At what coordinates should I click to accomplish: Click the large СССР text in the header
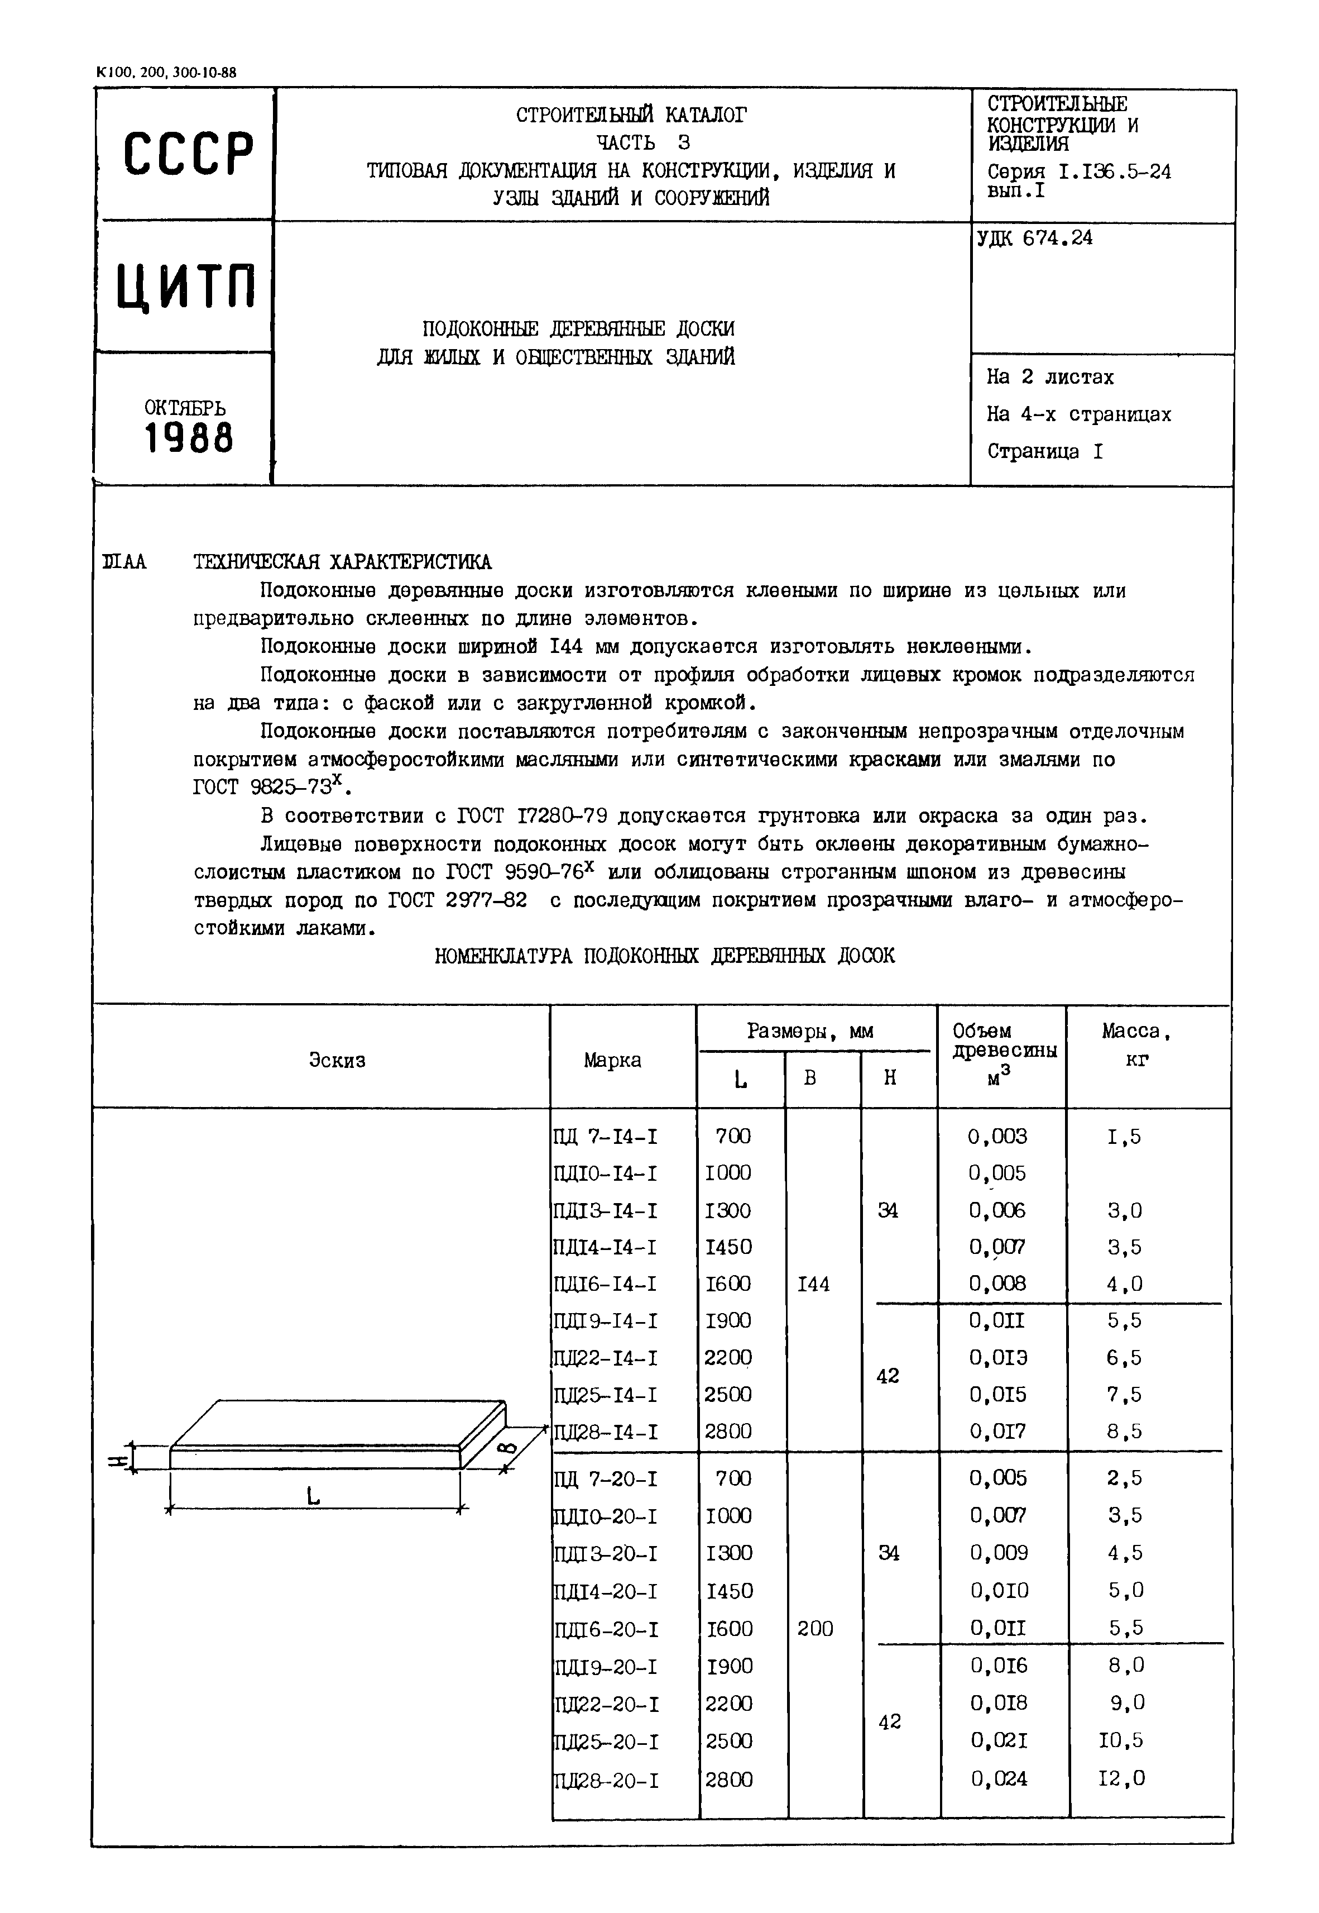point(188,154)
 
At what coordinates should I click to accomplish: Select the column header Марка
point(612,1061)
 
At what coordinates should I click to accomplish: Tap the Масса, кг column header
point(1136,1045)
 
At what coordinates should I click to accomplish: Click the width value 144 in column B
point(813,1285)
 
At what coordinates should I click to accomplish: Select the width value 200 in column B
point(815,1629)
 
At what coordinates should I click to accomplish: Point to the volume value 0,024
point(999,1778)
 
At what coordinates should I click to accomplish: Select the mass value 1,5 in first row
point(1124,1137)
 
